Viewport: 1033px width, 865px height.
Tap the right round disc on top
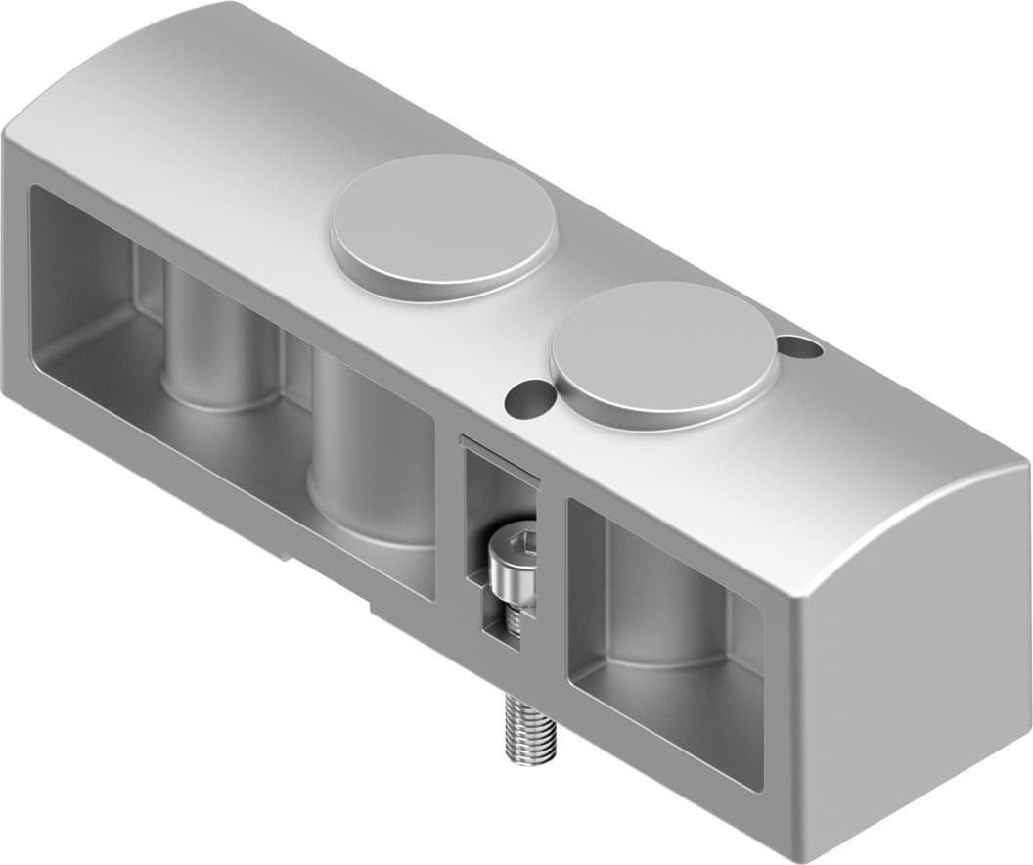[x=663, y=353]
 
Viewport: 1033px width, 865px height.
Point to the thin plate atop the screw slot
[x=499, y=458]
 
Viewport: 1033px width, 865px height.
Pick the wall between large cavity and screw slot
[x=448, y=528]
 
